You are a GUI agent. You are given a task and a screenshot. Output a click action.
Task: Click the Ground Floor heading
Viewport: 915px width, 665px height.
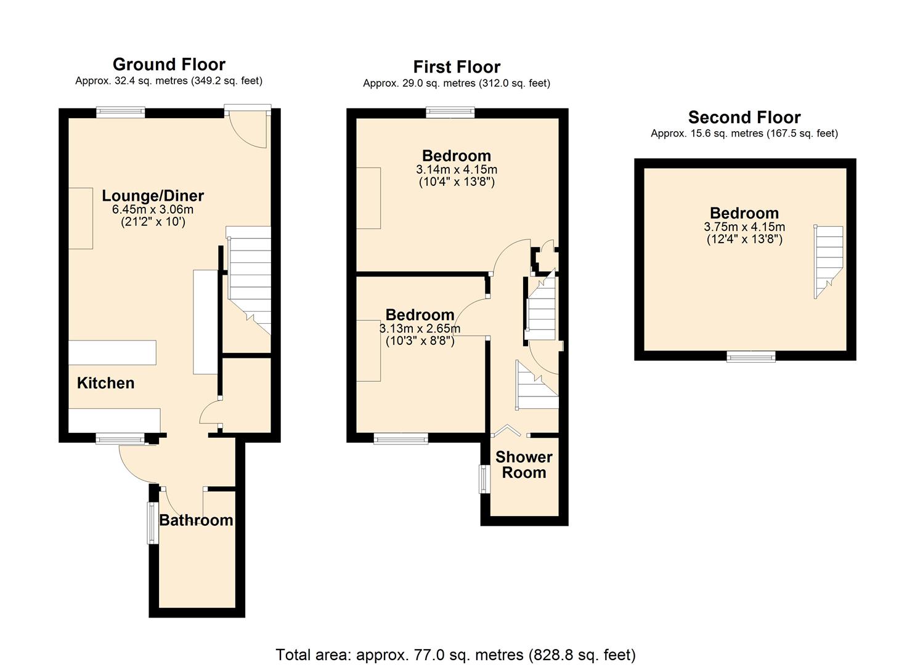tap(169, 64)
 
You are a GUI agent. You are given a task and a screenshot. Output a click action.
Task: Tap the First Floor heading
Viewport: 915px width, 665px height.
tap(457, 66)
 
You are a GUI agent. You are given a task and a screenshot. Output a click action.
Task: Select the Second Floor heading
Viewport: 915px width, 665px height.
tap(744, 117)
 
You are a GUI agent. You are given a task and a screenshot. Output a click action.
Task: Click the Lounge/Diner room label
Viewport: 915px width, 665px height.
tap(153, 196)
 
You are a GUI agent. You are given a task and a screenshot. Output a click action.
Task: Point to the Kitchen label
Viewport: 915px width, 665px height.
tap(105, 383)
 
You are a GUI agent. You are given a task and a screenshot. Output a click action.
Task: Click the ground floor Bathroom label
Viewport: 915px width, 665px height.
tap(196, 520)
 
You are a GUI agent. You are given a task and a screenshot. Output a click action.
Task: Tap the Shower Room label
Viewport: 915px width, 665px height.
tap(524, 465)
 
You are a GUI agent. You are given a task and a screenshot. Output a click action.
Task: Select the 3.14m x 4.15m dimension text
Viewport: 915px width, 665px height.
tap(457, 169)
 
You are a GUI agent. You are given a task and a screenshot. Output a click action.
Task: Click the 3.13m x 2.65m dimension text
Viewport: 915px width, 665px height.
tap(420, 328)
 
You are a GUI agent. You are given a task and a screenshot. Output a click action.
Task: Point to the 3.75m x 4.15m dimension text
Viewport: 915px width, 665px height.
tap(744, 227)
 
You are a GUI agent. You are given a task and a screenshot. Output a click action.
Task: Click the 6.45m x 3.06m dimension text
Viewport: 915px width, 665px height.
tap(153, 209)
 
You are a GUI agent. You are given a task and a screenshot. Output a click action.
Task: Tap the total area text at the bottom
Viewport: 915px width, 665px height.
tap(455, 655)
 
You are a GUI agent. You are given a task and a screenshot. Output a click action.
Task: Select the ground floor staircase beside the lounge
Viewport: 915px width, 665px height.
tap(249, 277)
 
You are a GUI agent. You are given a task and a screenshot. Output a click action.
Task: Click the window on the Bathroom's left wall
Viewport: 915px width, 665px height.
tap(152, 523)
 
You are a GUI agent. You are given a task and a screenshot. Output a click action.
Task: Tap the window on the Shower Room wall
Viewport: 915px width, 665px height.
tap(485, 478)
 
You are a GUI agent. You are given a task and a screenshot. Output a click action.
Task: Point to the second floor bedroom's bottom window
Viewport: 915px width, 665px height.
tap(750, 356)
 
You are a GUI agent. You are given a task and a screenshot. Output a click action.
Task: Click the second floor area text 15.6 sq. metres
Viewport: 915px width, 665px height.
tap(744, 134)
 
